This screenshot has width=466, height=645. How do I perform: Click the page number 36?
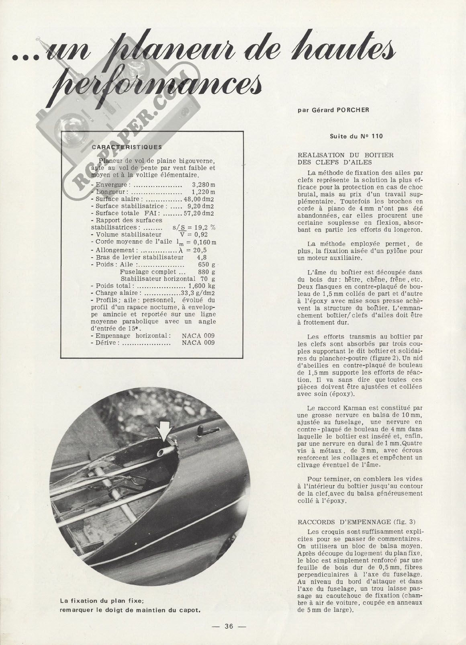click(229, 626)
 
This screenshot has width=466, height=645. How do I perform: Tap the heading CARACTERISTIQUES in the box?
click(127, 147)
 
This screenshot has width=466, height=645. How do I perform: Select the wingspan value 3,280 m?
click(204, 185)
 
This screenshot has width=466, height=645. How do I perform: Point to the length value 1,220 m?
click(204, 192)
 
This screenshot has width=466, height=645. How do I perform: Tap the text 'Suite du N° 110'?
click(356, 136)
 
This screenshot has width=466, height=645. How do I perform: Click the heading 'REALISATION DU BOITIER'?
click(345, 155)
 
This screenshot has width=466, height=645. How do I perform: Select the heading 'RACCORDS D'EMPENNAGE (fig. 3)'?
click(356, 522)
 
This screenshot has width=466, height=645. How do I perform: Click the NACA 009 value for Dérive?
click(198, 343)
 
